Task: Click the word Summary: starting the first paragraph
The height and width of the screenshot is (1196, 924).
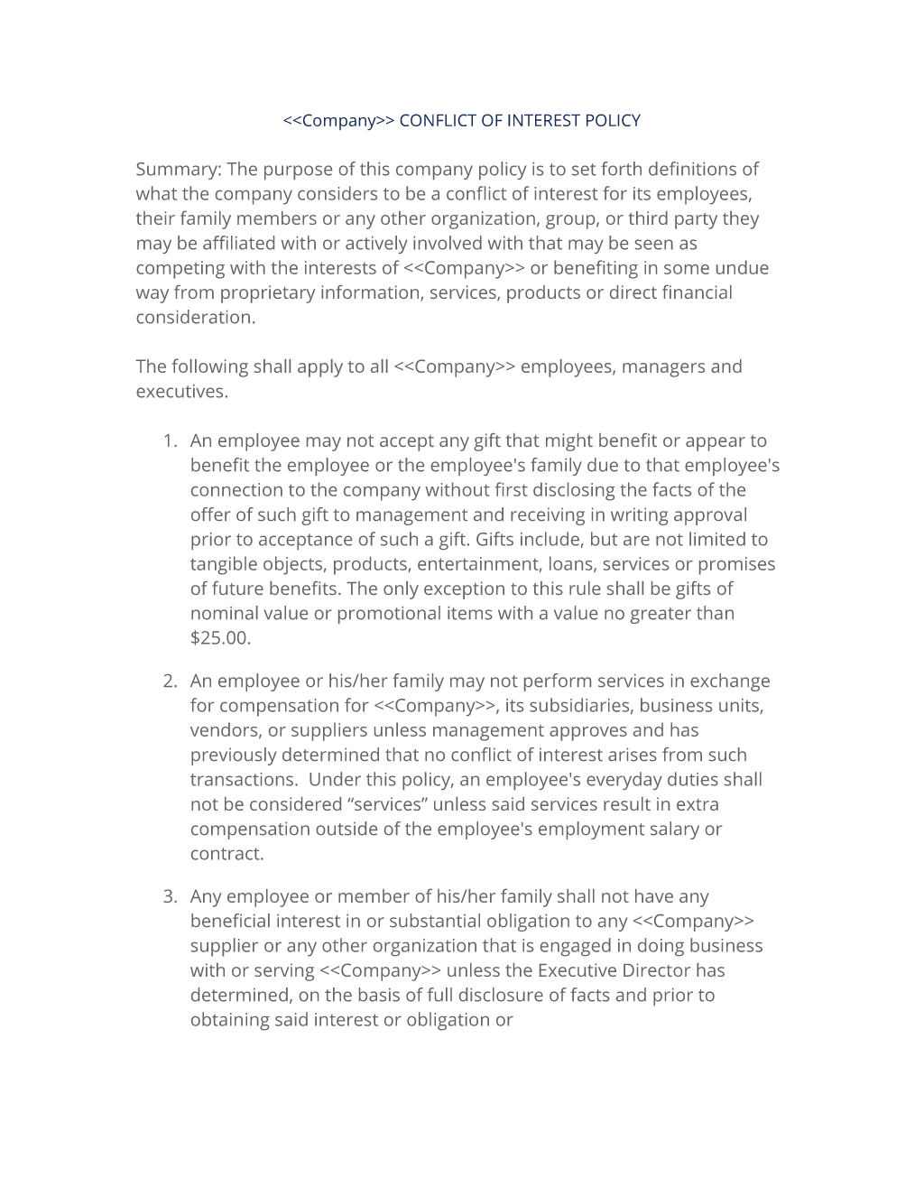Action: pyautogui.click(x=178, y=170)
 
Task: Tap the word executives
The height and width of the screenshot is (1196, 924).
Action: pyautogui.click(x=181, y=392)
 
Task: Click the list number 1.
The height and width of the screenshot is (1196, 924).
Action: pyautogui.click(x=169, y=440)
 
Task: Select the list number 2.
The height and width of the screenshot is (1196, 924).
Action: pyautogui.click(x=169, y=681)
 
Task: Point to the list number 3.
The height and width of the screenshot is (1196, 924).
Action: pyautogui.click(x=169, y=896)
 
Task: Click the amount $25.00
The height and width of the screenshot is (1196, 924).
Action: pyautogui.click(x=220, y=638)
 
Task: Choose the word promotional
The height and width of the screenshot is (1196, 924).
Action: pyautogui.click(x=389, y=614)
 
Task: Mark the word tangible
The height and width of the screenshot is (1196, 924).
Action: pyautogui.click(x=224, y=564)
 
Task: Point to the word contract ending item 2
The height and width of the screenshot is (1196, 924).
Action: pyautogui.click(x=226, y=854)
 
